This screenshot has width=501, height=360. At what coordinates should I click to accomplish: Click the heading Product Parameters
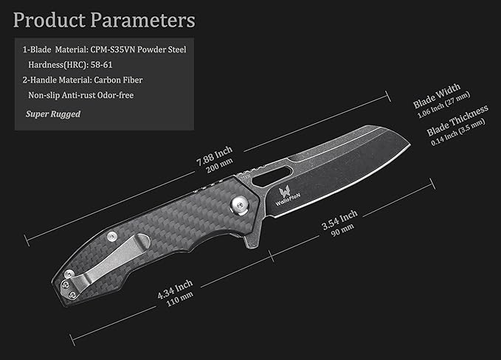(105, 19)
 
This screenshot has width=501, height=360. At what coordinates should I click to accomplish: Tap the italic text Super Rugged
(53, 114)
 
